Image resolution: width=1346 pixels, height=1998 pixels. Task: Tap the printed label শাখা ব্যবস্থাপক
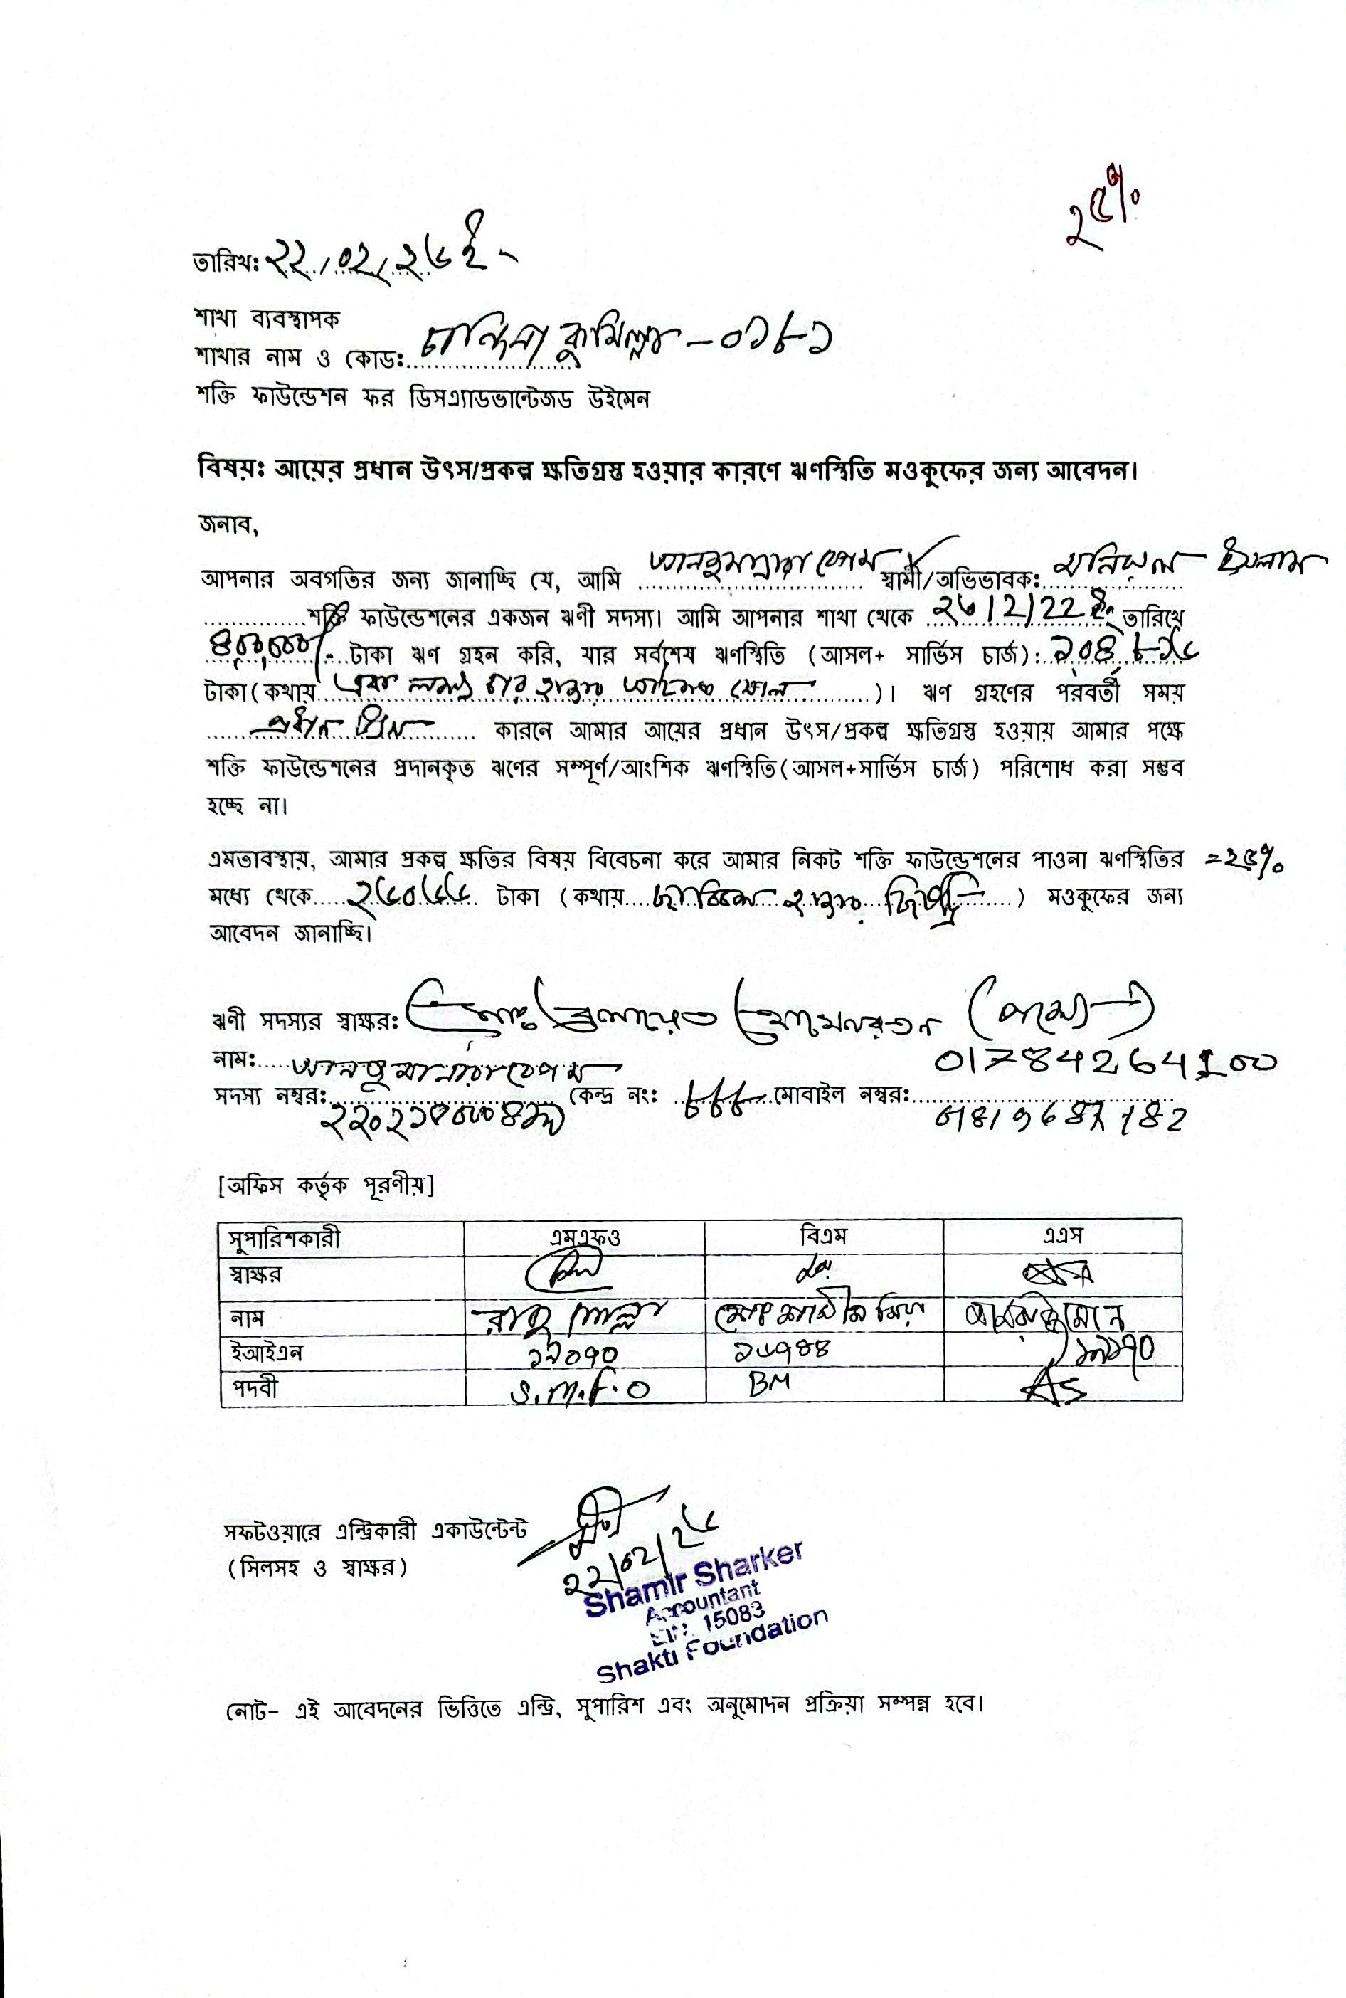click(x=267, y=319)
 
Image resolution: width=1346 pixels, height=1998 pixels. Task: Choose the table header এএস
click(x=1062, y=1237)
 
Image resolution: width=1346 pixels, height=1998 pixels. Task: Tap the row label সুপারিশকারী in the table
click(x=284, y=1239)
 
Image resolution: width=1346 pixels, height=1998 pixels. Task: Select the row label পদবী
click(x=253, y=1388)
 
